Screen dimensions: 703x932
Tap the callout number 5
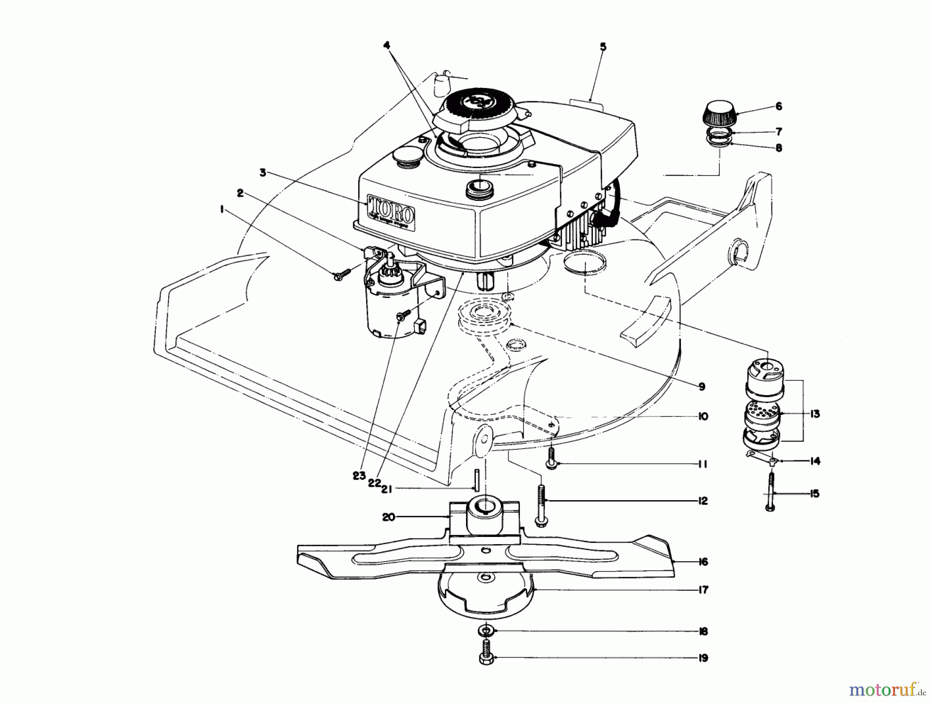603,47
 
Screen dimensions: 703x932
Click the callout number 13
815,414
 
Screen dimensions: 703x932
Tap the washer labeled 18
485,631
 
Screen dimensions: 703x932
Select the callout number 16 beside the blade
703,562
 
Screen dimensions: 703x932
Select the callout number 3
263,173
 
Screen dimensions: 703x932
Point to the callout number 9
702,386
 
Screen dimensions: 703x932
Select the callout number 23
359,476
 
